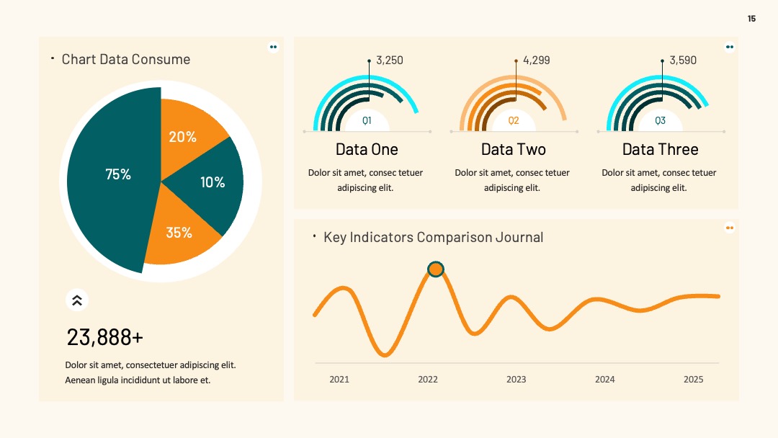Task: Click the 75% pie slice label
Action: [118, 174]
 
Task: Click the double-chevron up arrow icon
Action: [77, 300]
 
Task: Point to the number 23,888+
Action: [104, 337]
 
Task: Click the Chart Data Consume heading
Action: [126, 60]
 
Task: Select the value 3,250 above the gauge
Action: [390, 61]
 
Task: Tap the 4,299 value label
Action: [537, 61]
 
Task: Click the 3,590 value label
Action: [683, 61]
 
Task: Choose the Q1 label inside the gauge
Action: [367, 120]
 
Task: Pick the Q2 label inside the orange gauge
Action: [514, 120]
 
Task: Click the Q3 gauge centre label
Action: [660, 120]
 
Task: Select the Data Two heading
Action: [514, 149]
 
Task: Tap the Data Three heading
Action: [661, 149]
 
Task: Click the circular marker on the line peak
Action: [436, 269]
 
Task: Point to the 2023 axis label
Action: [516, 380]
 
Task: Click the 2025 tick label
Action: [693, 380]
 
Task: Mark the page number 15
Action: [751, 19]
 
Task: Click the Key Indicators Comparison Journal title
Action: [433, 237]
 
